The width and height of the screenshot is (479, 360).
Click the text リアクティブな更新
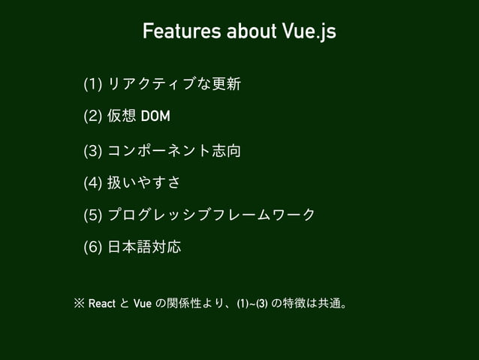(174, 83)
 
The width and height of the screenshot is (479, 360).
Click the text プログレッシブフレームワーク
(211, 216)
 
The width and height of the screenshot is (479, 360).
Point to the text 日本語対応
(145, 247)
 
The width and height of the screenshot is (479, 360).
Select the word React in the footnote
(101, 304)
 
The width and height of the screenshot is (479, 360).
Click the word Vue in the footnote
(141, 304)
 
